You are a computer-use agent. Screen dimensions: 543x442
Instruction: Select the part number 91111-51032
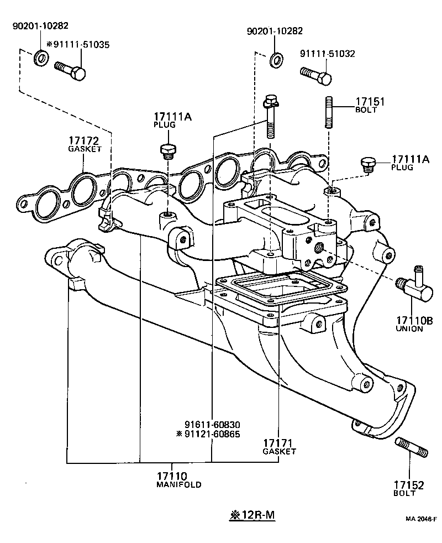pos(327,54)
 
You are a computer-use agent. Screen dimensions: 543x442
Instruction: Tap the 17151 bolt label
pos(369,102)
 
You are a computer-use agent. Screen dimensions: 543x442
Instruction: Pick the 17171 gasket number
pos(280,443)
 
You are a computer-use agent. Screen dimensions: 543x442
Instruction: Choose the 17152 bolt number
pos(408,485)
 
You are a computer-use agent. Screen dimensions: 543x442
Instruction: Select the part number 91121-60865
pos(215,434)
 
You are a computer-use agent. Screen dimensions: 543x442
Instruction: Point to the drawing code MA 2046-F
pos(421,519)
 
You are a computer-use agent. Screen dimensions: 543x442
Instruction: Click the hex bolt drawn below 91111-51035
pos(70,70)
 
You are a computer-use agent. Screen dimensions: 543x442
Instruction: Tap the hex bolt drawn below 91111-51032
pos(316,75)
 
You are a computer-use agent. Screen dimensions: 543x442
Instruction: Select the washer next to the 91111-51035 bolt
pos(41,57)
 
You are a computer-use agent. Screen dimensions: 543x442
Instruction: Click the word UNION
pos(409,329)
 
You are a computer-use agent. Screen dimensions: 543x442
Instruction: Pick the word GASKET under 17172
pos(85,149)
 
